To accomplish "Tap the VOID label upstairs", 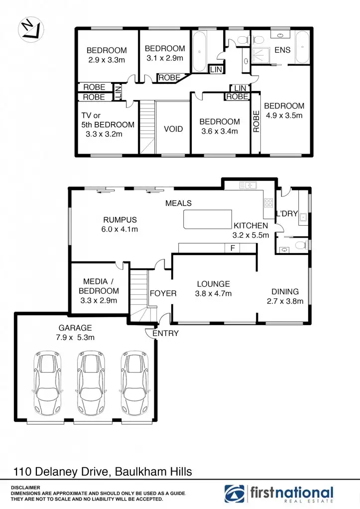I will coord(173,129).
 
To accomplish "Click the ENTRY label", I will coord(165,334).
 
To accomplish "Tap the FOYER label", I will coord(163,294).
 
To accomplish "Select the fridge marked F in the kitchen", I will coord(232,248).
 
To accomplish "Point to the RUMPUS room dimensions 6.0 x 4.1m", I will coord(120,229).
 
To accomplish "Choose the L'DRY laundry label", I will coord(287,214).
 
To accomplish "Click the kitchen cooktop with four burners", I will coord(268,202).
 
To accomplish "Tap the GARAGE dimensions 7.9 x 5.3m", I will coord(75,338).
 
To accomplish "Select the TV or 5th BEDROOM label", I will coord(108,125).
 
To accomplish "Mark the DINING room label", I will coord(285,292).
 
